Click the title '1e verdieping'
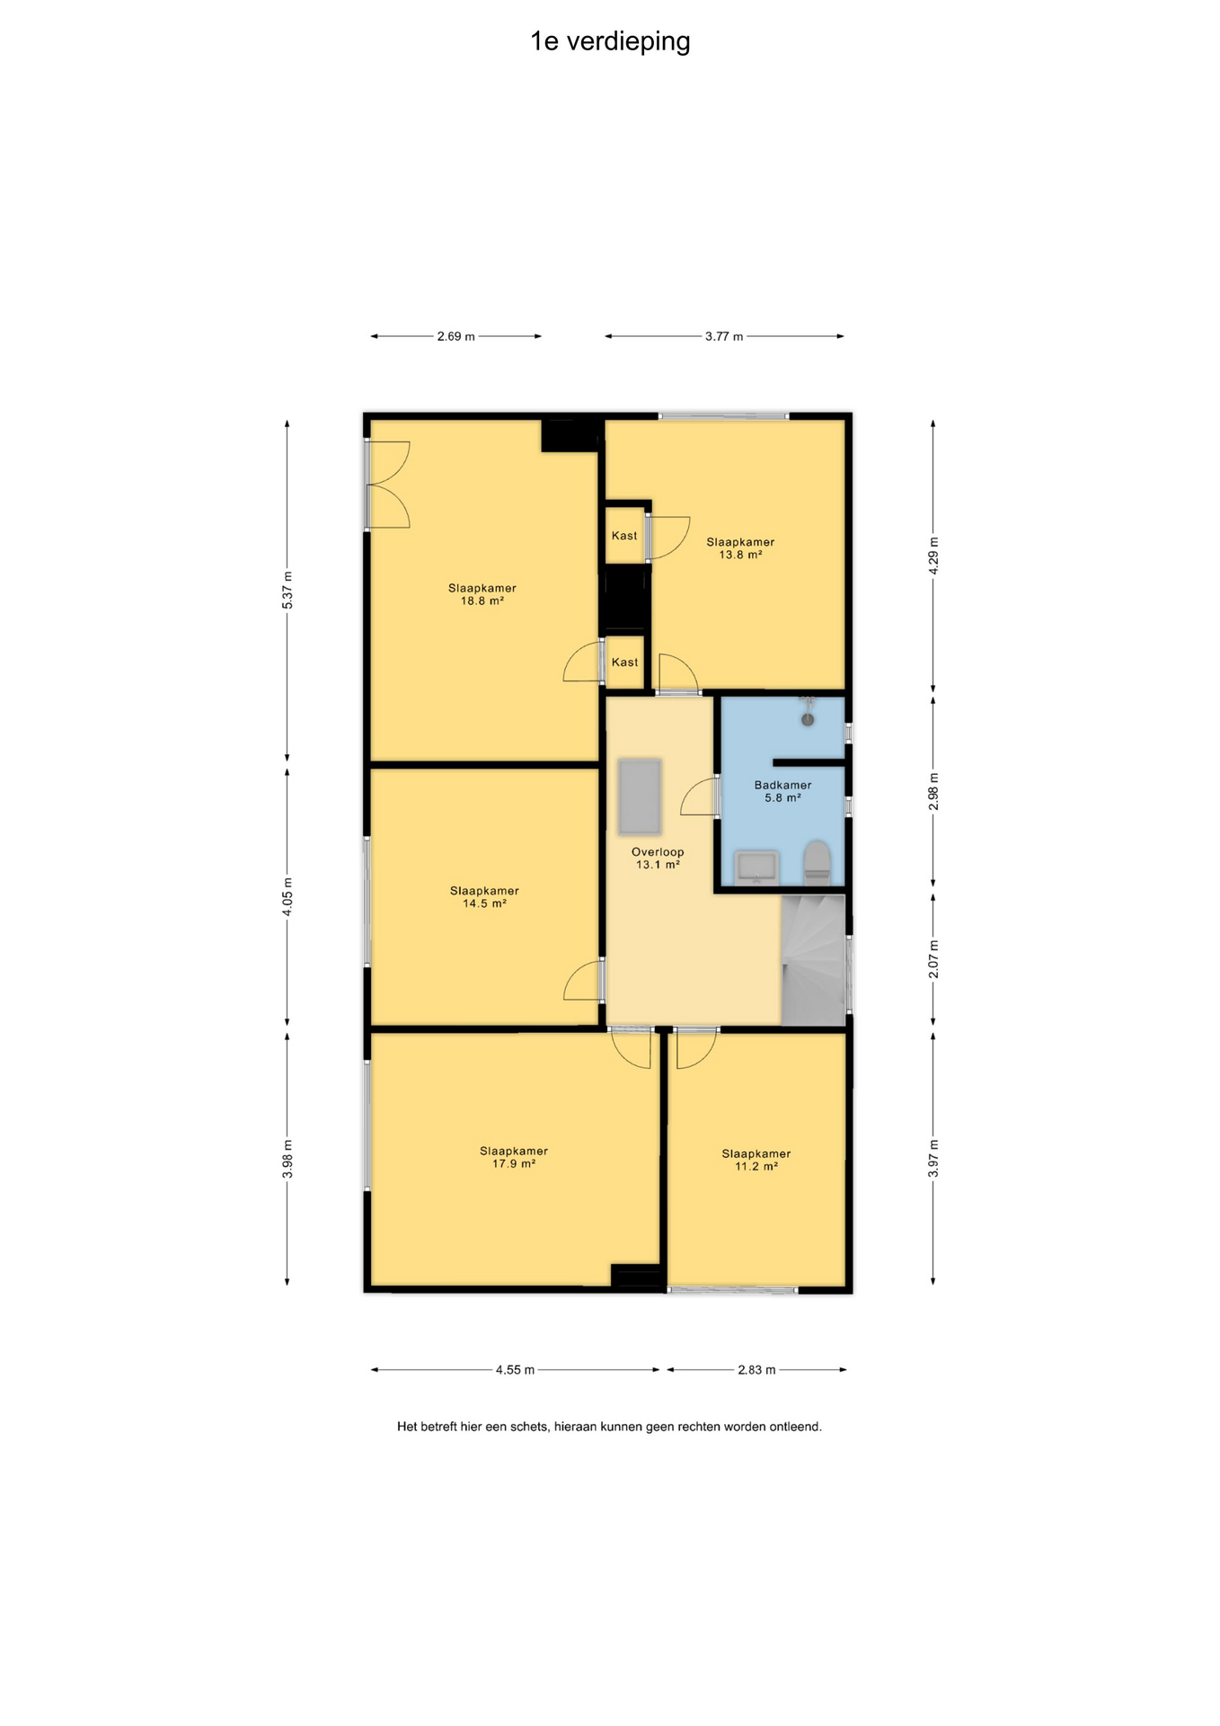pos(610,42)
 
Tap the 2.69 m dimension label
pos(455,336)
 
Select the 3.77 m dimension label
pos(724,336)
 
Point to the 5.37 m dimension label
pos(287,591)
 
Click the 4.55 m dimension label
pos(515,1370)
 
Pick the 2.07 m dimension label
pos(933,959)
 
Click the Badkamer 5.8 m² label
pos(782,791)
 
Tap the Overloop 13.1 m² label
pos(658,859)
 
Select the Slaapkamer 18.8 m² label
pos(482,594)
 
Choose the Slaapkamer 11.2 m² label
pos(756,1160)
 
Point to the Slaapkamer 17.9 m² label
pos(514,1157)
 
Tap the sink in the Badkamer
pos(756,868)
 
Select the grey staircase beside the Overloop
pos(814,959)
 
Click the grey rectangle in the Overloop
pos(640,796)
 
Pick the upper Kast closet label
pos(624,536)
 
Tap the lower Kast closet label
pos(624,663)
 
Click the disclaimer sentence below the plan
pos(609,1427)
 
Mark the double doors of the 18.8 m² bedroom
pos(388,485)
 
